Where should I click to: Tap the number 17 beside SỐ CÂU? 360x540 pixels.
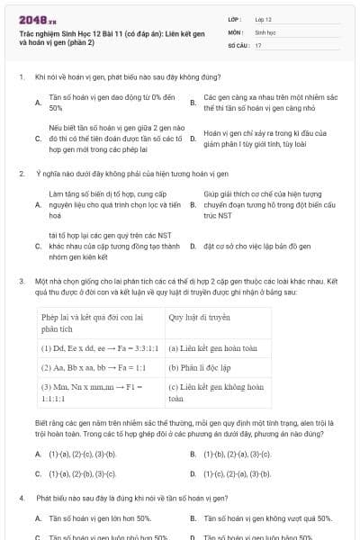coord(258,44)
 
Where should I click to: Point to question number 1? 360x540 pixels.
coord(20,78)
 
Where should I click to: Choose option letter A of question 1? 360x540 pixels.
coord(38,103)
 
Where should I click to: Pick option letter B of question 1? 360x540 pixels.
coord(193,103)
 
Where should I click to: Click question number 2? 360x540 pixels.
coord(20,171)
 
